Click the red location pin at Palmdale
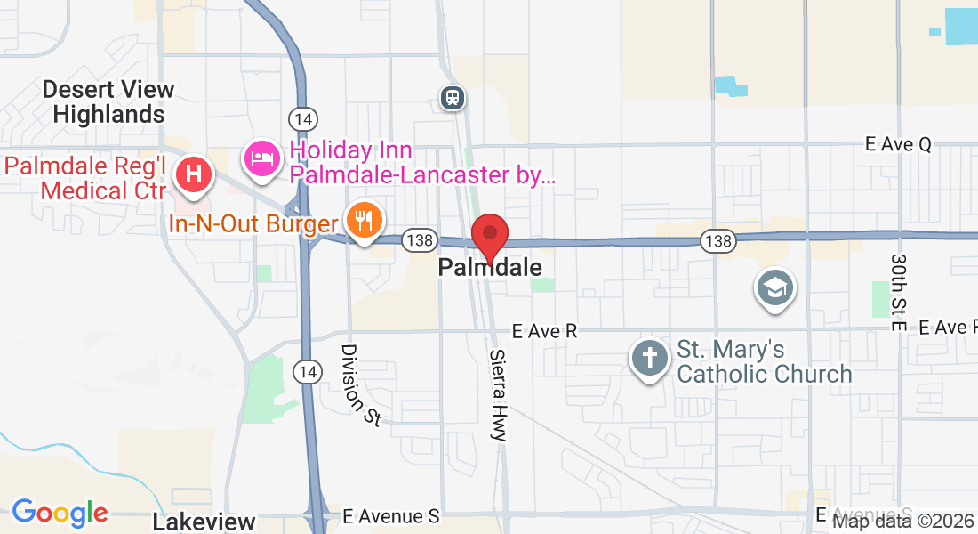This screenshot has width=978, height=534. point(489,236)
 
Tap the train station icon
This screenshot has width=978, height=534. point(453,96)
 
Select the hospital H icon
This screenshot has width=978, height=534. point(193,173)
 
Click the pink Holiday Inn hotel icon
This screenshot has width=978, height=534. point(262,158)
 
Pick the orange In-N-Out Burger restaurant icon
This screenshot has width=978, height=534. point(364,219)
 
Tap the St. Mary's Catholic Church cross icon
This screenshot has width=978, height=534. point(650,359)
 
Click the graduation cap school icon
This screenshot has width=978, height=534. point(774,287)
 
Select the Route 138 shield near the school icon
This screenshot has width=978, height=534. point(717,240)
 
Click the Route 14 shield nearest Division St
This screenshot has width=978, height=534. point(308,370)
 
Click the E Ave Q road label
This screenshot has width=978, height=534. point(900,145)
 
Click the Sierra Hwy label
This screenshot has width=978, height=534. point(497,394)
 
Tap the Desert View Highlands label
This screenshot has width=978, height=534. point(108,101)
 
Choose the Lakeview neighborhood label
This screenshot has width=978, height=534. point(204,522)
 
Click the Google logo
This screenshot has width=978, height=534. point(60,514)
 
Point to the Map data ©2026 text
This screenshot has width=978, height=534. point(902,522)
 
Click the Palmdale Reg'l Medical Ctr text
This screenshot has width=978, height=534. point(85,178)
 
